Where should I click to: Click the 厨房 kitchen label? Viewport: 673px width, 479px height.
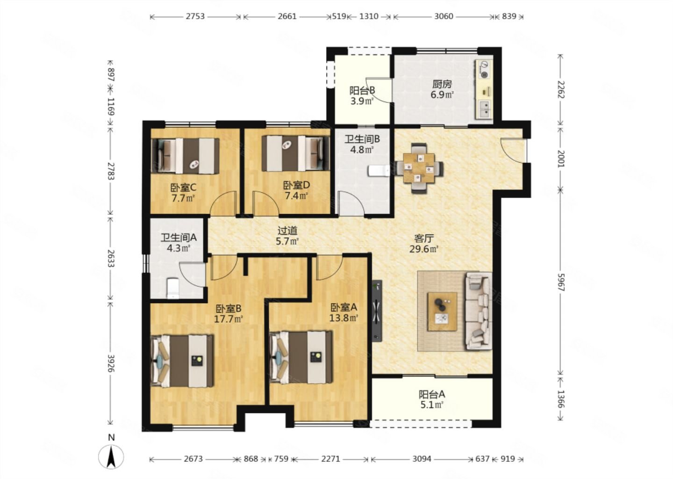[x=442, y=84]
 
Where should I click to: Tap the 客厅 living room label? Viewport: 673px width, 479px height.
[x=423, y=239]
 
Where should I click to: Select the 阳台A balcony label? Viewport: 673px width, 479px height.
[x=432, y=394]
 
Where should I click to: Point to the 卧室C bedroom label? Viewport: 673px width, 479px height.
[x=183, y=188]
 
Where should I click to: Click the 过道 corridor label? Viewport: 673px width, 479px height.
[x=287, y=231]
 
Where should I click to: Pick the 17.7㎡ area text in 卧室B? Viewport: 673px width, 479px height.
[x=229, y=319]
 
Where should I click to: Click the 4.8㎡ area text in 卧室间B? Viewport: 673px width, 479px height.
[x=362, y=149]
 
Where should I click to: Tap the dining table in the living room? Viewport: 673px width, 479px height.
[x=419, y=168]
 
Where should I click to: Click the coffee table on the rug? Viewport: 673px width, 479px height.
[x=443, y=312]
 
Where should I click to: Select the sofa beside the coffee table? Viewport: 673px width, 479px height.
[x=479, y=311]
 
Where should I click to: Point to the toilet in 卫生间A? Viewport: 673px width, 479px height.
[x=173, y=288]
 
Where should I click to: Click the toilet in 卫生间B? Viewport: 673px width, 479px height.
[x=379, y=171]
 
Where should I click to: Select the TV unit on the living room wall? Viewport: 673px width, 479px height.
[x=377, y=311]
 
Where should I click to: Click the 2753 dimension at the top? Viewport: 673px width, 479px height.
[x=195, y=16]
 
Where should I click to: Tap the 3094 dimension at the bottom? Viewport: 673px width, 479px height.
[x=422, y=459]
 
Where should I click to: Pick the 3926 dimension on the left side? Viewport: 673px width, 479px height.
[x=111, y=363]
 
